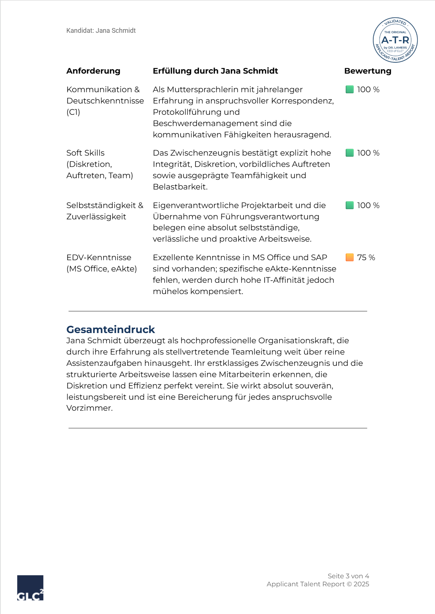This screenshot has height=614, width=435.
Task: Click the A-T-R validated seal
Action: [x=395, y=40]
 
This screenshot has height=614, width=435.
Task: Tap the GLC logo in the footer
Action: [x=30, y=588]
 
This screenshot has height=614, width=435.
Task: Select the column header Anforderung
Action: [x=93, y=71]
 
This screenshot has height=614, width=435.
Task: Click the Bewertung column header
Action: [x=368, y=71]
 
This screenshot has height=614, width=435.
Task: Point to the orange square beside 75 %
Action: [x=350, y=257]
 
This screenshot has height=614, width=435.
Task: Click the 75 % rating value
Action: [x=366, y=258]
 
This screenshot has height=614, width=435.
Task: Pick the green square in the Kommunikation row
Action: [x=350, y=89]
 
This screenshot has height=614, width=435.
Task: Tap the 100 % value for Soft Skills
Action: [x=368, y=153]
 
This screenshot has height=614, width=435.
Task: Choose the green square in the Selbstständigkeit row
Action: [x=350, y=205]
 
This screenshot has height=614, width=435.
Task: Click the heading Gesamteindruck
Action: [x=110, y=329]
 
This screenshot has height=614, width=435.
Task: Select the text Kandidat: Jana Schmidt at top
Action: [x=101, y=31]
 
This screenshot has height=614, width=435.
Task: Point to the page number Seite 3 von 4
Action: [x=348, y=576]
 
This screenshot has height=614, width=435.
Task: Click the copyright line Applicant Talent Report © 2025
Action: [x=318, y=584]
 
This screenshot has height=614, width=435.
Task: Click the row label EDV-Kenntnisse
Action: [x=99, y=258]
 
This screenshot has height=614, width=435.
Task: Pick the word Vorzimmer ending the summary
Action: [x=89, y=408]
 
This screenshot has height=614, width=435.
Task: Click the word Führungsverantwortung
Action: [x=269, y=217]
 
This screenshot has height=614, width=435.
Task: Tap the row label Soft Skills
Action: [x=85, y=153]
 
